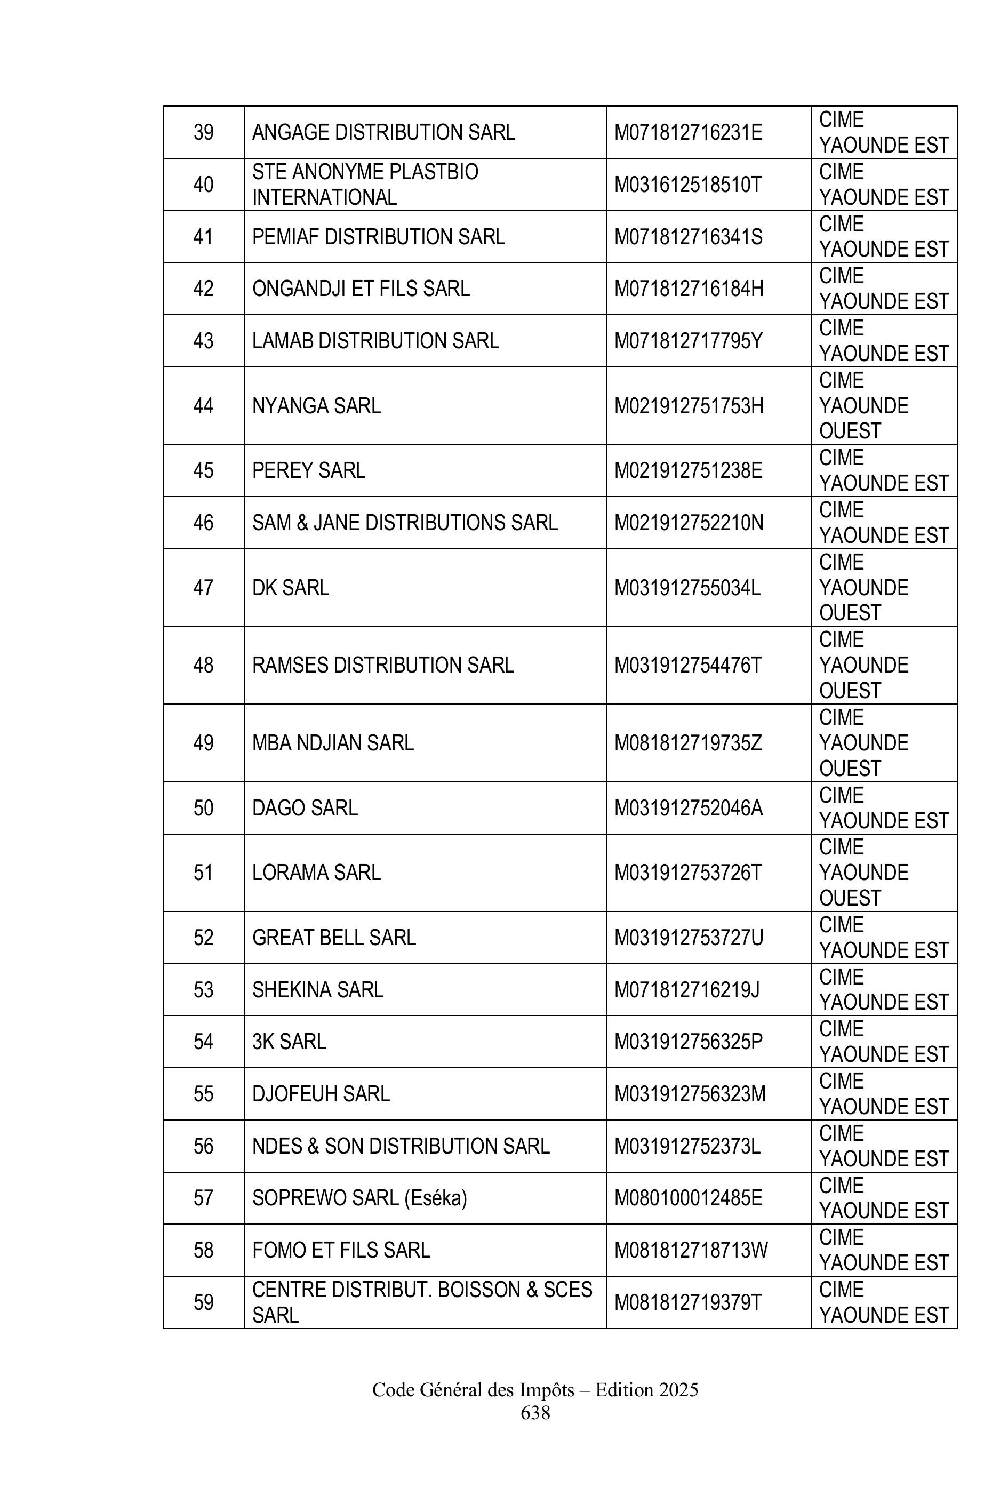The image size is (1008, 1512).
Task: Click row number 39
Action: pos(203,132)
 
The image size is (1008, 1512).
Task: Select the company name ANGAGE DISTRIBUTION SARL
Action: pos(383,132)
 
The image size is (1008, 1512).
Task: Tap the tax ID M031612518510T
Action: pos(687,185)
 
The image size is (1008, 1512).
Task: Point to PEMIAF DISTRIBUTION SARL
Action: pos(378,237)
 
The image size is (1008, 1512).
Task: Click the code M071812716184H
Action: pos(689,289)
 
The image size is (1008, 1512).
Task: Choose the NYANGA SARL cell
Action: pos(316,406)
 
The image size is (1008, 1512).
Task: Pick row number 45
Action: pos(203,470)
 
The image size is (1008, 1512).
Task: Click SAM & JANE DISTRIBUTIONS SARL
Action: pos(404,523)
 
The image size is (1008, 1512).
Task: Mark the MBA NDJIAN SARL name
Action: pos(332,743)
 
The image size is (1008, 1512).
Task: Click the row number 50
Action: pos(203,808)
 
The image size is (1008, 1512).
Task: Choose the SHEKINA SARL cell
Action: pos(317,990)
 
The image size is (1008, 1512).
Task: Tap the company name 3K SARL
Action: pos(289,1042)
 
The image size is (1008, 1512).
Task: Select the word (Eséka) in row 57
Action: pos(435,1198)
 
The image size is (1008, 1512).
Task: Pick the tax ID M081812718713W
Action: pos(691,1250)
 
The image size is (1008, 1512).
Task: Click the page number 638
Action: pos(535,1413)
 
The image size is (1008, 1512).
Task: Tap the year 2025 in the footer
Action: pos(678,1390)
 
